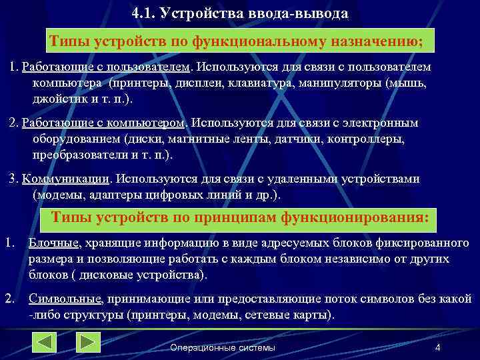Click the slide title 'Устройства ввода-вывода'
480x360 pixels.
point(240,13)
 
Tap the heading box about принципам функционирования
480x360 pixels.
point(240,218)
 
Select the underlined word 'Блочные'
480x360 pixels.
point(53,243)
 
